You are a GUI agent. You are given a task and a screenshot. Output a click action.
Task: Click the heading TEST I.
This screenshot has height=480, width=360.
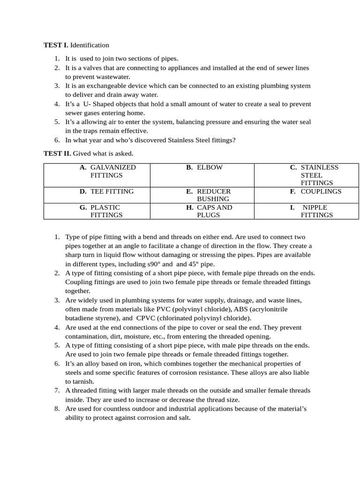pyautogui.click(x=56, y=45)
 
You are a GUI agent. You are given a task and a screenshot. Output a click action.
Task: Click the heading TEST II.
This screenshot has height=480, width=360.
pyautogui.click(x=57, y=153)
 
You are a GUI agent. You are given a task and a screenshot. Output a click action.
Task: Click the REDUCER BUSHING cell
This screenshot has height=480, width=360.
pyautogui.click(x=202, y=195)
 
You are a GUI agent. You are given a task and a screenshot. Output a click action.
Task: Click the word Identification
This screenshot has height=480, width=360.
pyautogui.click(x=90, y=45)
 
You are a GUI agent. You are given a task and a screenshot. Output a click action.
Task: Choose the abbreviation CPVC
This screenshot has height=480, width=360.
pyautogui.click(x=146, y=318)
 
